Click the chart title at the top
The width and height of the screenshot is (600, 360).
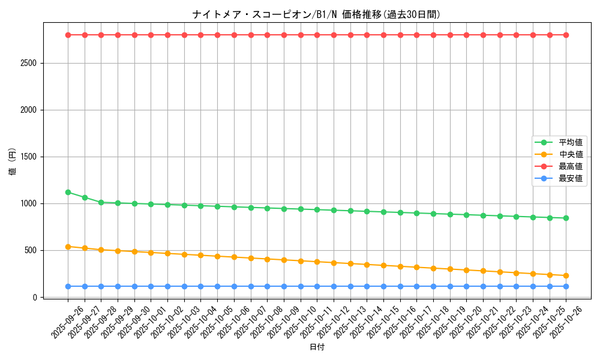click(316, 14)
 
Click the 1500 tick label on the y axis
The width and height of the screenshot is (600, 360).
click(27, 157)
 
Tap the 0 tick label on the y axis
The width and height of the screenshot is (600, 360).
click(35, 297)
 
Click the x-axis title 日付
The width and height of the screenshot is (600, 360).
click(316, 347)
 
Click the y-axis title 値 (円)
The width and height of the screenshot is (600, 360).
click(12, 163)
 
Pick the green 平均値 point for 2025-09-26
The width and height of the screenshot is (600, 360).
click(68, 192)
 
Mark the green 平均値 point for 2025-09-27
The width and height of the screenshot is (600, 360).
click(85, 197)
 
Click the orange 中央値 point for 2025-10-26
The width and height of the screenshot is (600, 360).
click(566, 275)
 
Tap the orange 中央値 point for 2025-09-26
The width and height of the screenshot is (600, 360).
click(68, 247)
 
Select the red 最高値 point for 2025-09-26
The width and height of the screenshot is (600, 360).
click(68, 35)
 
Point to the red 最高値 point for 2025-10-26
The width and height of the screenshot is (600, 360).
click(566, 35)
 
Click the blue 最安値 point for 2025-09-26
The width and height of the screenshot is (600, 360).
click(68, 286)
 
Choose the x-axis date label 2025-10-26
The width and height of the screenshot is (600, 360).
click(565, 322)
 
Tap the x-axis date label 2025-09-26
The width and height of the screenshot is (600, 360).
click(67, 322)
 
